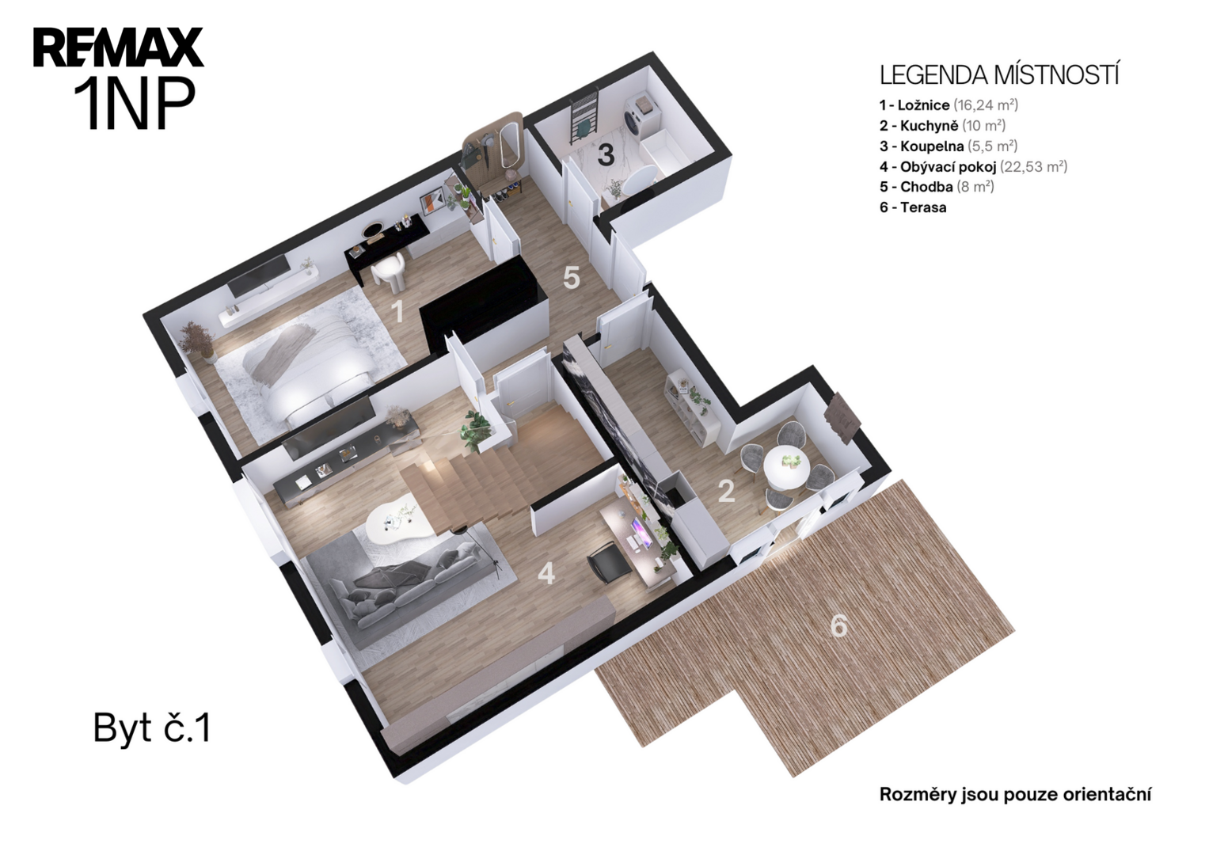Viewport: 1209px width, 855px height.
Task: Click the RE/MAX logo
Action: point(118,47)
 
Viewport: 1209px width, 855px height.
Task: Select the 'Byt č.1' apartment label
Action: point(152,728)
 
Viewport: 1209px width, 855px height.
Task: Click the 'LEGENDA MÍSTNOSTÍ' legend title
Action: point(999,75)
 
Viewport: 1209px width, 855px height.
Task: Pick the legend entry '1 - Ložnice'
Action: point(914,104)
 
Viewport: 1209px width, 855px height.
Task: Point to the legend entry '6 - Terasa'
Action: point(913,207)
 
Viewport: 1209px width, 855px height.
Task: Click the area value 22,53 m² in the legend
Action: point(1033,166)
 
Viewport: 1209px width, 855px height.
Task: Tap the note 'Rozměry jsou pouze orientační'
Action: point(1015,795)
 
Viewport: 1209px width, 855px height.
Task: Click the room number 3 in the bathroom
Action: point(606,155)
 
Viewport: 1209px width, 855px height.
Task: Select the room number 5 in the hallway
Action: point(572,277)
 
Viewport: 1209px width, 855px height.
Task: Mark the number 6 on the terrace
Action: point(838,626)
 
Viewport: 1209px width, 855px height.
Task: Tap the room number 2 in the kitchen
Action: point(726,491)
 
